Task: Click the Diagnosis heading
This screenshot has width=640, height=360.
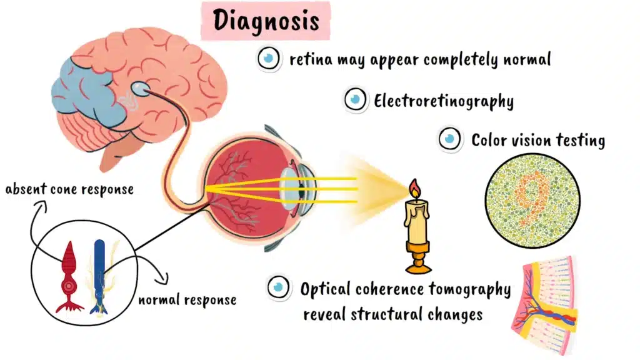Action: pos(266,20)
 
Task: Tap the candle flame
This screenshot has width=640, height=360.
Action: pos(414,189)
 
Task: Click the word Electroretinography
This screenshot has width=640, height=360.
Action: pos(444,100)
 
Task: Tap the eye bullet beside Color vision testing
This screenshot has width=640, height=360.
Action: pos(449,139)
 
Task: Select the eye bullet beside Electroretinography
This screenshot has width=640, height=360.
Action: pos(356,99)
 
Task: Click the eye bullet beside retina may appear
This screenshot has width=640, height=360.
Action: pos(269,59)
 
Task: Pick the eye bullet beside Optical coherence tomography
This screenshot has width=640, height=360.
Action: pos(279,287)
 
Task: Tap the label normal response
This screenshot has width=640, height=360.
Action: pos(187,300)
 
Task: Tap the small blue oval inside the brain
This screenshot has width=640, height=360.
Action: pos(142,90)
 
